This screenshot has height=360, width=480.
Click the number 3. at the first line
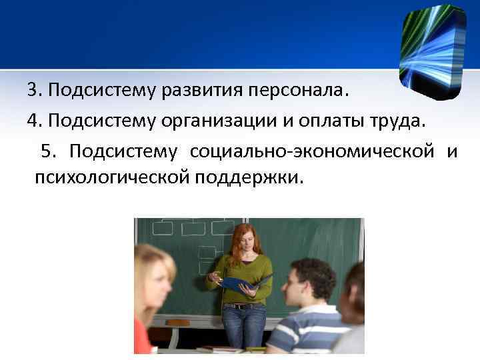pyautogui.click(x=35, y=90)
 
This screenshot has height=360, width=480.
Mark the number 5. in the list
pyautogui.click(x=49, y=153)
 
